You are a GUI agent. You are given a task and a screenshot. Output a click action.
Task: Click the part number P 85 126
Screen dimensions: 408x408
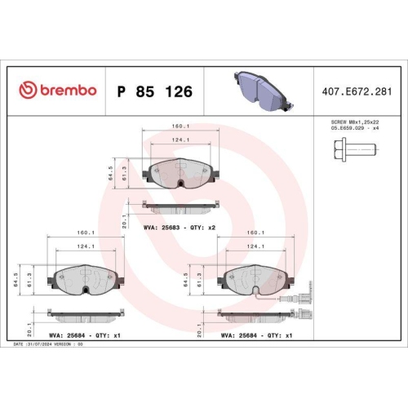point(154,91)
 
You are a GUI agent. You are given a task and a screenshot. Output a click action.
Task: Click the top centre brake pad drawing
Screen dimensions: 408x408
point(180,173)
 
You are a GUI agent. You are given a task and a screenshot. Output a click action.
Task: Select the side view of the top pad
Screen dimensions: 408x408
point(180,204)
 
